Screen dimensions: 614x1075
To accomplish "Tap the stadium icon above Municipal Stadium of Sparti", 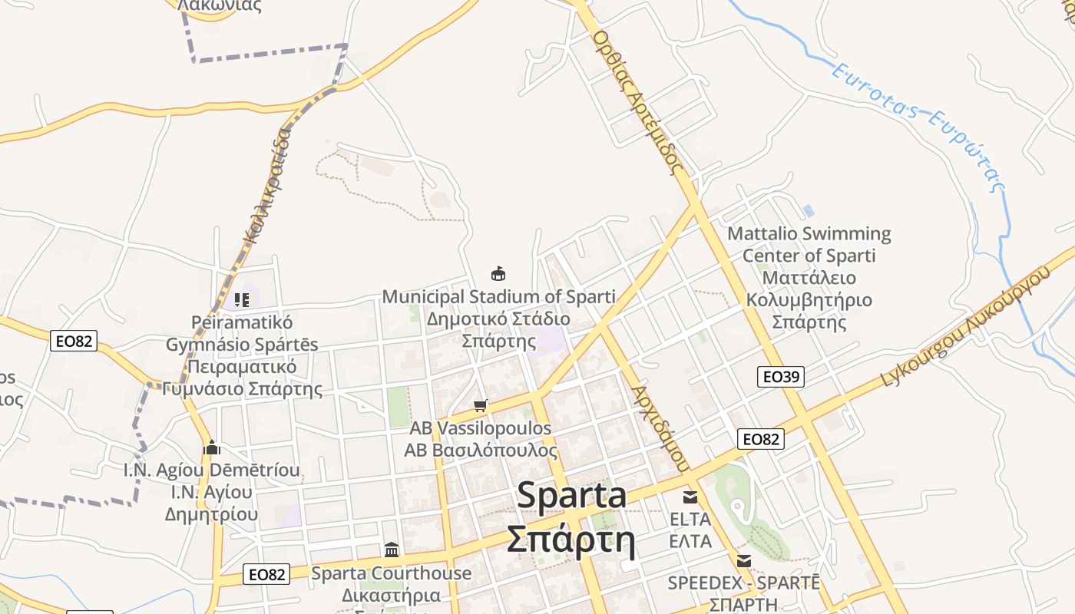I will [x=498, y=273].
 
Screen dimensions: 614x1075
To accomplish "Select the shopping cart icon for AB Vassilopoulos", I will [x=481, y=405].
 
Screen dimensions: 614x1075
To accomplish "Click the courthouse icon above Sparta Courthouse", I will [x=392, y=550].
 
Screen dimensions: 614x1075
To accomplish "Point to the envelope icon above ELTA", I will [x=690, y=497].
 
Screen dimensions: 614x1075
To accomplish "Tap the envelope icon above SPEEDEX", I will [x=743, y=560].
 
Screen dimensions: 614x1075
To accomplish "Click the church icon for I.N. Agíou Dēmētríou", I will [x=212, y=447].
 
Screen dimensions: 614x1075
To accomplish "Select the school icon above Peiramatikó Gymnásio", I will [x=242, y=299].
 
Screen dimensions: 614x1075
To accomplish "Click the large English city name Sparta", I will [x=571, y=495].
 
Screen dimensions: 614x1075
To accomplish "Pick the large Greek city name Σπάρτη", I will [x=571, y=538].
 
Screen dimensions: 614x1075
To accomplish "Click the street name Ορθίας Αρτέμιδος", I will [x=638, y=100].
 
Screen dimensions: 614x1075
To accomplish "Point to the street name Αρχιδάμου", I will [x=659, y=427].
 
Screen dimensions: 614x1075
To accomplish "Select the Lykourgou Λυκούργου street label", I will [x=965, y=325].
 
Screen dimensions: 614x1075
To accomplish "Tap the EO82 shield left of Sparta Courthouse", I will [x=267, y=573].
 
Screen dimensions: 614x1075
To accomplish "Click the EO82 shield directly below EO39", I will [x=761, y=438].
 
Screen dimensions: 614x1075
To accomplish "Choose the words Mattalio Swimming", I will [x=809, y=233].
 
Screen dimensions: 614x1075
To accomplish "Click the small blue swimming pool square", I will [x=808, y=210].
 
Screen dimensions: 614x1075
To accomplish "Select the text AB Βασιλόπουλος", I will [x=481, y=450].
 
